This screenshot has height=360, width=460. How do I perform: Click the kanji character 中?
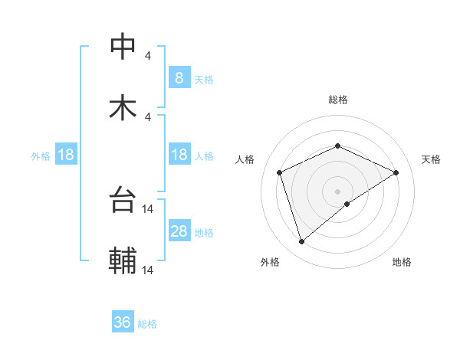(123, 47)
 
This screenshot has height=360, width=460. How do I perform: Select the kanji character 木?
(123, 109)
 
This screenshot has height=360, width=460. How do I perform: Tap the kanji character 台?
(123, 201)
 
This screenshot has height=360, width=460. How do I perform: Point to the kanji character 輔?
(123, 262)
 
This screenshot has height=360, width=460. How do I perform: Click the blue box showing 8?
(179, 77)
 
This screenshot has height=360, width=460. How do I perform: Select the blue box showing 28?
(179, 231)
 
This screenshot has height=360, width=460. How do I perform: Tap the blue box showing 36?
(123, 322)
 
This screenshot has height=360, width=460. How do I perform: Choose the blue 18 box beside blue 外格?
(66, 155)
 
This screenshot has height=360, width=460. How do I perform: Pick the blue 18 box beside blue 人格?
(179, 155)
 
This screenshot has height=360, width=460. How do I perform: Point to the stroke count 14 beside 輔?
(148, 270)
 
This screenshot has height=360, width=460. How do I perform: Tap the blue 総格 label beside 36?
(147, 324)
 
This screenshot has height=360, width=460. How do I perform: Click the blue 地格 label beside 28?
(204, 233)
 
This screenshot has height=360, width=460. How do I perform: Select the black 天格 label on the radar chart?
(431, 159)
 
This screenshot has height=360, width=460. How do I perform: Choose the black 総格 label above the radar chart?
(337, 100)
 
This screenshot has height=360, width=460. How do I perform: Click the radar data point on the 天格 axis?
(396, 172)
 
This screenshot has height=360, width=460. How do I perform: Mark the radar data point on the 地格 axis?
(347, 204)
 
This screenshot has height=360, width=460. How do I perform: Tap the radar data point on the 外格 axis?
(301, 242)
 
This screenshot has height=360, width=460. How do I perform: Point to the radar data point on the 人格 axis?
(280, 172)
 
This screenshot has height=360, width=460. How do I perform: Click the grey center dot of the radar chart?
(337, 191)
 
